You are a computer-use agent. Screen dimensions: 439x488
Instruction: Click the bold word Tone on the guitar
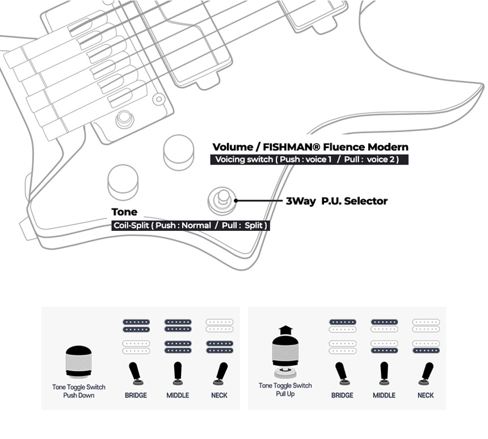124,212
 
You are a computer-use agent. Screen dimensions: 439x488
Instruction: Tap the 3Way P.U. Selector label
336,201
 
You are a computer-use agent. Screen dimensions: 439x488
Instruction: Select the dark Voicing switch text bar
309,159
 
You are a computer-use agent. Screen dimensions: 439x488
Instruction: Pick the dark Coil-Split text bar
190,225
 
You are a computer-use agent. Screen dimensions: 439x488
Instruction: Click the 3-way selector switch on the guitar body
221,199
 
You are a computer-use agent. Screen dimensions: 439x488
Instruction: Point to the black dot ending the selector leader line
236,200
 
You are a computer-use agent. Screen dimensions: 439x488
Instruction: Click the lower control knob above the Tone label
123,181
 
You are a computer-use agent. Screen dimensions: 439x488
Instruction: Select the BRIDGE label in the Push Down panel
136,395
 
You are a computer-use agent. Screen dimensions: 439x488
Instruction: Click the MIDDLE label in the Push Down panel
178,395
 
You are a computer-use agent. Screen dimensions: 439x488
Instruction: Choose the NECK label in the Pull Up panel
426,395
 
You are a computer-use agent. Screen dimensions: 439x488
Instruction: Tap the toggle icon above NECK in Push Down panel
220,373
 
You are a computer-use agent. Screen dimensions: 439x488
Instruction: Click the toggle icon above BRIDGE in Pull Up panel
342,373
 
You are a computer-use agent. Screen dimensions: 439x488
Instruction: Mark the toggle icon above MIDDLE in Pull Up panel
384,373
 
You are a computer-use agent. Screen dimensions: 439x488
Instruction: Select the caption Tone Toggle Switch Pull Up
285,390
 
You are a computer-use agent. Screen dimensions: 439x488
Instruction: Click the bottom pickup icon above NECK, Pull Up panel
426,347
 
